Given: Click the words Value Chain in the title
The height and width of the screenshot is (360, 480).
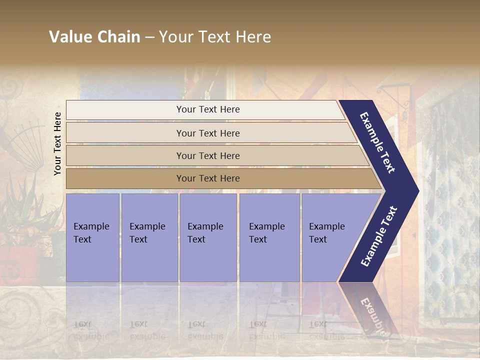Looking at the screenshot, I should tap(94, 37).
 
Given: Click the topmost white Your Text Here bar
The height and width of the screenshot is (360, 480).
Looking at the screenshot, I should tap(207, 109).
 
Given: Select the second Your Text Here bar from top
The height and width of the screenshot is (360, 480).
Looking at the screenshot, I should tap(207, 133).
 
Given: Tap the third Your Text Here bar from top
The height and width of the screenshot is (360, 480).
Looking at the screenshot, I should tap(207, 155).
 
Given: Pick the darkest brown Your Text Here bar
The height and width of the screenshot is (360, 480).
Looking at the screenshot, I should tap(207, 178).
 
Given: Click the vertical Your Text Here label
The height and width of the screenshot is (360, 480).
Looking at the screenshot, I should tap(57, 143).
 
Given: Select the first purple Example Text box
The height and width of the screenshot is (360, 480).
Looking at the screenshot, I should tap(92, 237).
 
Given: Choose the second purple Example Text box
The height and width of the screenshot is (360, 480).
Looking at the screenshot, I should tap(149, 237).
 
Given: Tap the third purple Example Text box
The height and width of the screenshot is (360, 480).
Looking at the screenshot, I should tap(208, 237).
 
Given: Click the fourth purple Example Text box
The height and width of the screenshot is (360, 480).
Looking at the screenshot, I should tap(269, 237).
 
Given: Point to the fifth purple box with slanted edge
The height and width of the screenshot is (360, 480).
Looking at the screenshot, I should tap(330, 237).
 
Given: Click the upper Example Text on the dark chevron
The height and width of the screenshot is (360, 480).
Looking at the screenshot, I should tap(377, 142).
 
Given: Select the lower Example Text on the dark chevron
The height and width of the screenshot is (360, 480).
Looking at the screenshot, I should tap(379, 236).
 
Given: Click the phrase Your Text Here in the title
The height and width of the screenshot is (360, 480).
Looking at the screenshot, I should tap(215, 37).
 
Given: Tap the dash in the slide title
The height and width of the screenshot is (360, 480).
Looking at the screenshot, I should tap(149, 37).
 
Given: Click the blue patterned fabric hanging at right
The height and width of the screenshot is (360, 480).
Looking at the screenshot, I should tap(452, 210).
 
